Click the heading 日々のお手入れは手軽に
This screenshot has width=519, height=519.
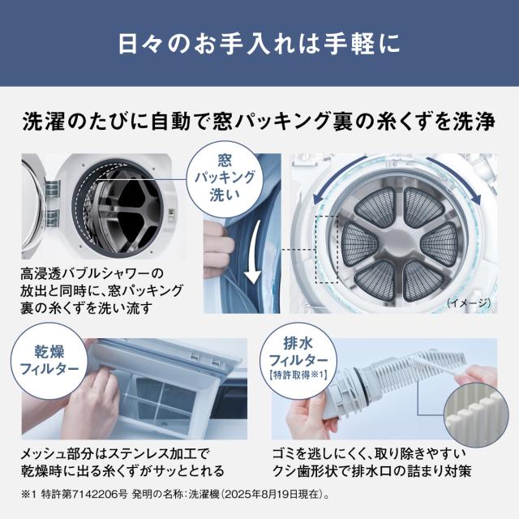259,43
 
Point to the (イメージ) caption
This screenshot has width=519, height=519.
468,302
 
